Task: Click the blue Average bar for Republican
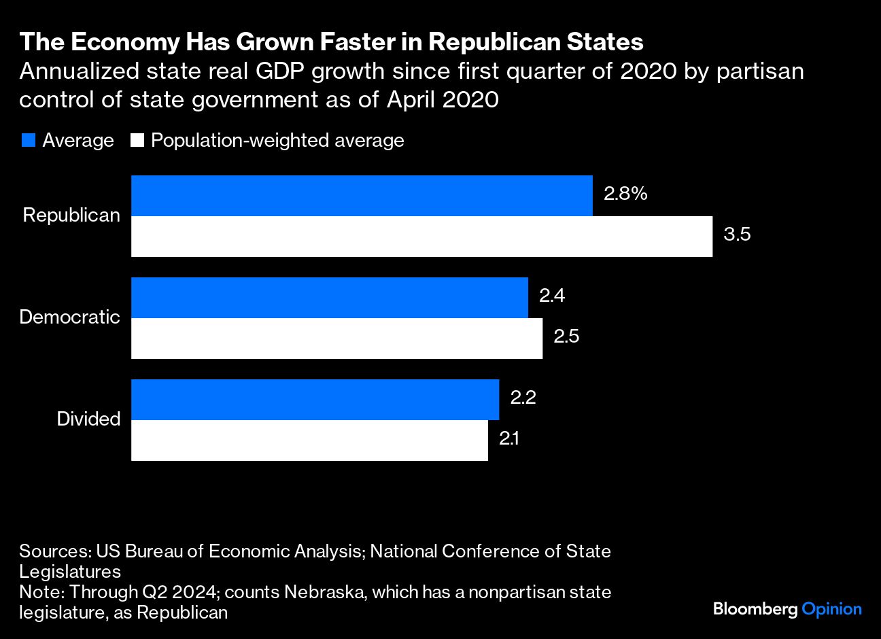tap(362, 196)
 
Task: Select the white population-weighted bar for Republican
tap(421, 237)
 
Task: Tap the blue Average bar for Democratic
tap(330, 298)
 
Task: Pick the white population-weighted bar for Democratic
tap(336, 339)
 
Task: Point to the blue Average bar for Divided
tap(315, 400)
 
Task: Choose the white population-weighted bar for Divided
tap(309, 441)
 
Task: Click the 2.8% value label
tap(625, 194)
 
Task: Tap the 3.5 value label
tap(737, 235)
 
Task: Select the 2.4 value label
tap(552, 296)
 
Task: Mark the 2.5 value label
tap(566, 336)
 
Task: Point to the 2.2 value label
tap(523, 398)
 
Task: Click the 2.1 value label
tap(509, 438)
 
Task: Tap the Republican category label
tap(71, 215)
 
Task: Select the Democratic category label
tap(70, 317)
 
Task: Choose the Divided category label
tap(88, 419)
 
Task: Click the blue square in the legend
tap(28, 141)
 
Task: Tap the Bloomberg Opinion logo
tap(787, 609)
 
